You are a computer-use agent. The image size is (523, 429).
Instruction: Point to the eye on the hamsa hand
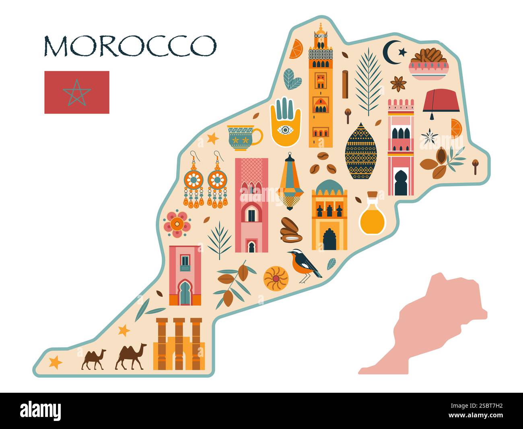(x=285, y=130)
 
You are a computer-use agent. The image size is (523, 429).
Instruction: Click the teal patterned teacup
(x=243, y=137)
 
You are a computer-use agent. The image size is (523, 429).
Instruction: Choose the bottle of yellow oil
(x=372, y=216)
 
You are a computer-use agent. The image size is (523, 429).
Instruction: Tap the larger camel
(x=131, y=356)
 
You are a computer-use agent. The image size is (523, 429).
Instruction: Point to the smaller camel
(x=94, y=359)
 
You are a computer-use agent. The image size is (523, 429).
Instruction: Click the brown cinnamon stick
(x=345, y=84)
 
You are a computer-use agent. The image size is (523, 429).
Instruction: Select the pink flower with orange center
(x=177, y=224)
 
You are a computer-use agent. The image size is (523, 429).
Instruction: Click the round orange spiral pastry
(x=276, y=278)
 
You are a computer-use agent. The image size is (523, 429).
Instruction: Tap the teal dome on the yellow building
(x=329, y=187)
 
